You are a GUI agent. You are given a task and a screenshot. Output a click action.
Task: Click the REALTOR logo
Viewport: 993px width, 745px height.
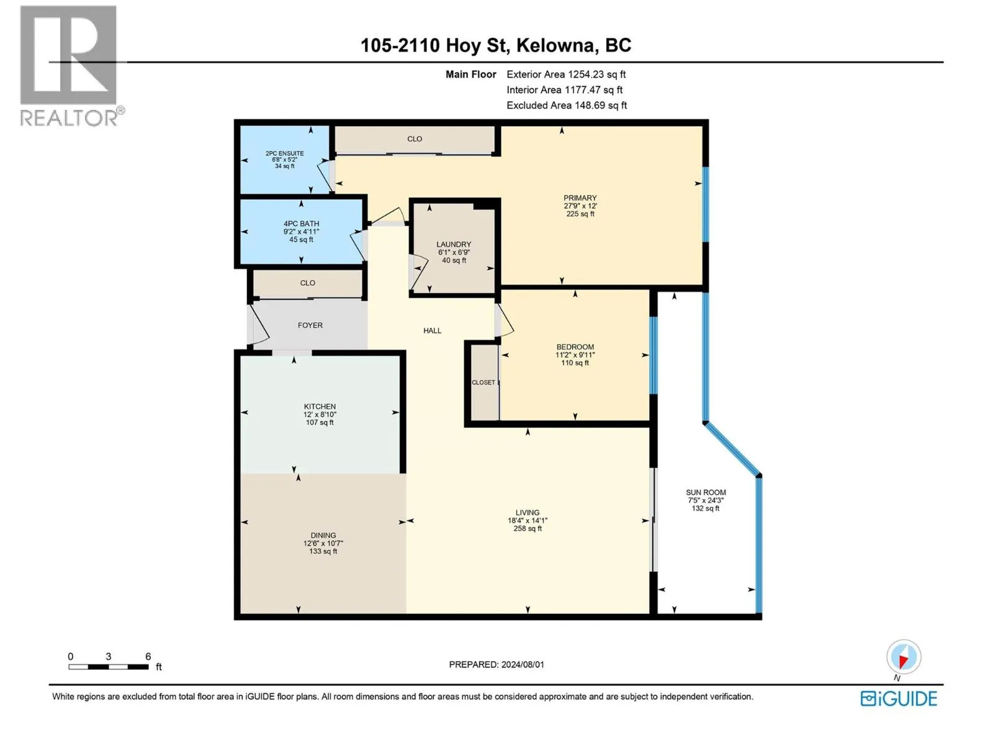pyautogui.click(x=71, y=66)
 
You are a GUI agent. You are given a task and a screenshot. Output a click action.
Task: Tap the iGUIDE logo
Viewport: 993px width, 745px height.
pyautogui.click(x=898, y=698)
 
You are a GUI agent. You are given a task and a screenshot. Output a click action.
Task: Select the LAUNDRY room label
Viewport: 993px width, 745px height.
pyautogui.click(x=453, y=244)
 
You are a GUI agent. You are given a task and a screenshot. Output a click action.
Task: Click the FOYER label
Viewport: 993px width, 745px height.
pyautogui.click(x=310, y=325)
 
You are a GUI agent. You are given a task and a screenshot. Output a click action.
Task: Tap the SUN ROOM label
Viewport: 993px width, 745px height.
pyautogui.click(x=705, y=492)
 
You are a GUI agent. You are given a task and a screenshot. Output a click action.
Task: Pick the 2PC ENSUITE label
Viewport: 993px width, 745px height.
pyautogui.click(x=284, y=153)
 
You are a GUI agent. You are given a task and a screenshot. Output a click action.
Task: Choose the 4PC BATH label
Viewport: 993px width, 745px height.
pyautogui.click(x=301, y=223)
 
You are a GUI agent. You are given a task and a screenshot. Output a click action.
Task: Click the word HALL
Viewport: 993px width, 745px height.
pyautogui.click(x=432, y=331)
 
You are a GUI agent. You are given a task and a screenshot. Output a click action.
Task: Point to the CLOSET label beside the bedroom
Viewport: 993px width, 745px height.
pyautogui.click(x=483, y=382)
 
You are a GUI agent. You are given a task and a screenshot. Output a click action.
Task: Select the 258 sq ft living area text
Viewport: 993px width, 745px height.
pyautogui.click(x=528, y=528)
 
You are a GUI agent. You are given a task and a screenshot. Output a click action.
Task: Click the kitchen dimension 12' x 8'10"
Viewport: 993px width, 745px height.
pyautogui.click(x=320, y=414)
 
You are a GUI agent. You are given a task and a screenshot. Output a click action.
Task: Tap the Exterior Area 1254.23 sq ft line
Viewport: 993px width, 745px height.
pyautogui.click(x=566, y=74)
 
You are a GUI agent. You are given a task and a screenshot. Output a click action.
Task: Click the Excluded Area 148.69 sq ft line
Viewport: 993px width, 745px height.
pyautogui.click(x=567, y=106)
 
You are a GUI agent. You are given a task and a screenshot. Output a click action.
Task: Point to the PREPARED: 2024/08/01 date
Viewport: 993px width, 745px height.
pyautogui.click(x=496, y=664)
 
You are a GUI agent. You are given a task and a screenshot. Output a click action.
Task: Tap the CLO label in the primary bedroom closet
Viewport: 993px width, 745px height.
pyautogui.click(x=415, y=139)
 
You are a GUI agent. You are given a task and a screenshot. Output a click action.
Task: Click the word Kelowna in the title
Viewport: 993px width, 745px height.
pyautogui.click(x=555, y=46)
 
